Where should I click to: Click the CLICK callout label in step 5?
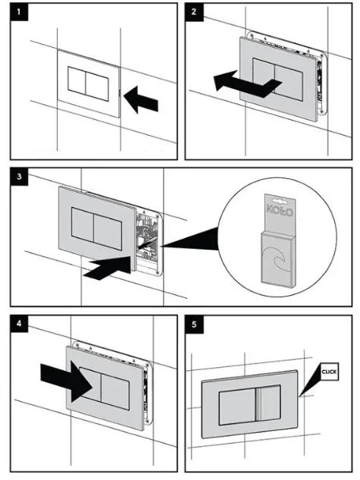pos(328,372)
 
